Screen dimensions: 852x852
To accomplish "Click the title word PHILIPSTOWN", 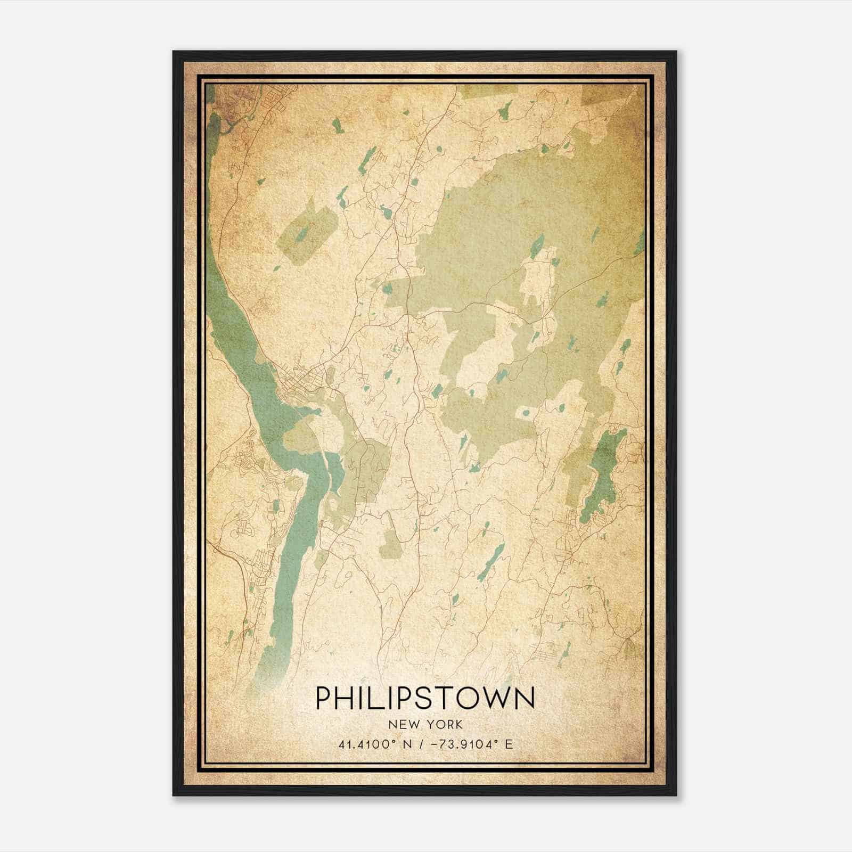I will tap(425, 698).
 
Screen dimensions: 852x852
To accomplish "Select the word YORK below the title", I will tap(445, 725).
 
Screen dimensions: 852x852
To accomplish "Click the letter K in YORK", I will tap(458, 725).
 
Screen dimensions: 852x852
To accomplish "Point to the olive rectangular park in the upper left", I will tap(307, 234).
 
